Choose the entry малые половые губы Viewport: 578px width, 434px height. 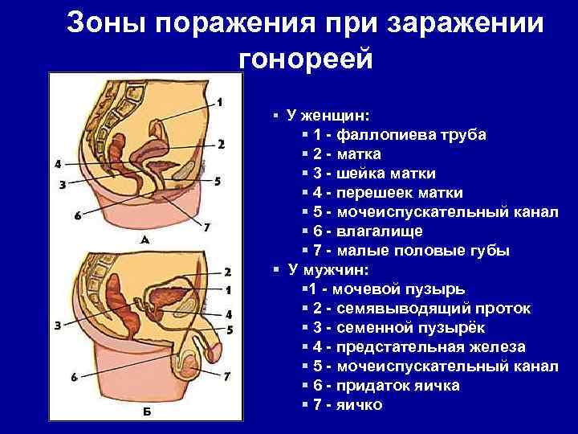point(423,250)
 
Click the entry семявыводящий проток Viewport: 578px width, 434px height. point(422,308)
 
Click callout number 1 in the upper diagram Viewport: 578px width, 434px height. point(220,102)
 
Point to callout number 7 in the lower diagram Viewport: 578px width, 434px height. point(226,375)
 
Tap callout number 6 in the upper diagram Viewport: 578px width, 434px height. point(77,215)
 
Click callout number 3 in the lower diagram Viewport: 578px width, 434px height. point(57,325)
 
